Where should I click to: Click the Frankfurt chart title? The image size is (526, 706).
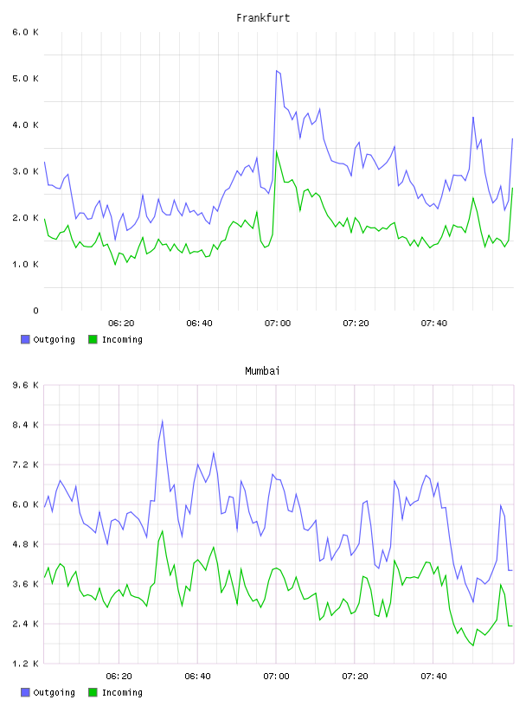click(x=263, y=18)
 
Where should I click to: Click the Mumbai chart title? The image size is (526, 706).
click(x=262, y=371)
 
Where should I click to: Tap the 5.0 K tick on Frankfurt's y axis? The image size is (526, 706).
click(x=26, y=79)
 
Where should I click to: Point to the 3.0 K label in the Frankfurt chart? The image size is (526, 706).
click(x=26, y=171)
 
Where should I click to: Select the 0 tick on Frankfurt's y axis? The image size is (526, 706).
click(x=35, y=311)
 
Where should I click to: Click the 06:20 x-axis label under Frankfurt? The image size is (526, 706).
click(x=121, y=323)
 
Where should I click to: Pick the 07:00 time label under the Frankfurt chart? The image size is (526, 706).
click(x=278, y=323)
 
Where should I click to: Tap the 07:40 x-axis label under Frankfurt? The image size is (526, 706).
click(x=434, y=323)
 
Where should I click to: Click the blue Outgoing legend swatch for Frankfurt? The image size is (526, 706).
click(x=25, y=339)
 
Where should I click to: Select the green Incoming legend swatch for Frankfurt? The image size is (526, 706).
click(x=93, y=339)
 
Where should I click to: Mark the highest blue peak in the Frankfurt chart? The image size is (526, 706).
click(x=277, y=71)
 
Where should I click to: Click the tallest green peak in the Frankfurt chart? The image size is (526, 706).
click(x=277, y=151)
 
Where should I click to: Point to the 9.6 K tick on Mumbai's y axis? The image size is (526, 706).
click(x=26, y=385)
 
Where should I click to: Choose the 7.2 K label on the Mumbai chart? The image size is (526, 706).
click(x=26, y=465)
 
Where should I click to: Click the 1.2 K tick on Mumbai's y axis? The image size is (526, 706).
click(x=26, y=664)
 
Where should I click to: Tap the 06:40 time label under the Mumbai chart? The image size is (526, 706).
click(x=198, y=676)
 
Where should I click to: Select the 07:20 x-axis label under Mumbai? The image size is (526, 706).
click(x=355, y=676)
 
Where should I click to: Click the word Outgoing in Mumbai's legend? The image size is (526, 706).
click(x=54, y=692)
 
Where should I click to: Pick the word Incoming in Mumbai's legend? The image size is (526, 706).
click(x=122, y=692)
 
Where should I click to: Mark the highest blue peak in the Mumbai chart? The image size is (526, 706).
click(x=162, y=421)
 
